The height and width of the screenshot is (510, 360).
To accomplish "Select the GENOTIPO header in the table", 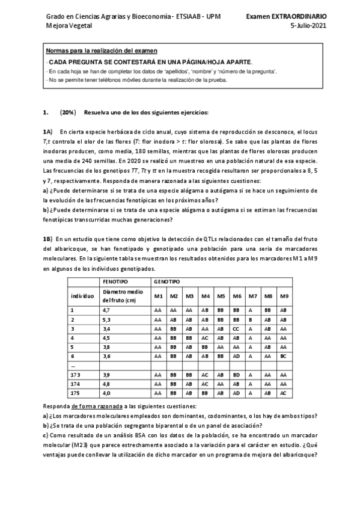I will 166,281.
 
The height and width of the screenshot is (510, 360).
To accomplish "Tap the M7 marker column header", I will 252,296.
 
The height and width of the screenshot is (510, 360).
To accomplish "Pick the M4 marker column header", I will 205,296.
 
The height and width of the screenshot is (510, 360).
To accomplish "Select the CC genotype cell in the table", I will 237,329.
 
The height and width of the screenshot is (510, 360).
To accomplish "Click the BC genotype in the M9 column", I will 284,357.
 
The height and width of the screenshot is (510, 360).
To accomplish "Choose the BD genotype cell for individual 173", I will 237,375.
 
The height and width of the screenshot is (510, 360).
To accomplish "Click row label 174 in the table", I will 75,384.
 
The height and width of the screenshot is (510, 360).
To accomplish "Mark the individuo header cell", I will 82,296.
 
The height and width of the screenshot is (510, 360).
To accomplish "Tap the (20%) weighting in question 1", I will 68,112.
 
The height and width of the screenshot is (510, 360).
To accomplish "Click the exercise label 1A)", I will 47,131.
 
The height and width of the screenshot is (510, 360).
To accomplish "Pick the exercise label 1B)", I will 47,239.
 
